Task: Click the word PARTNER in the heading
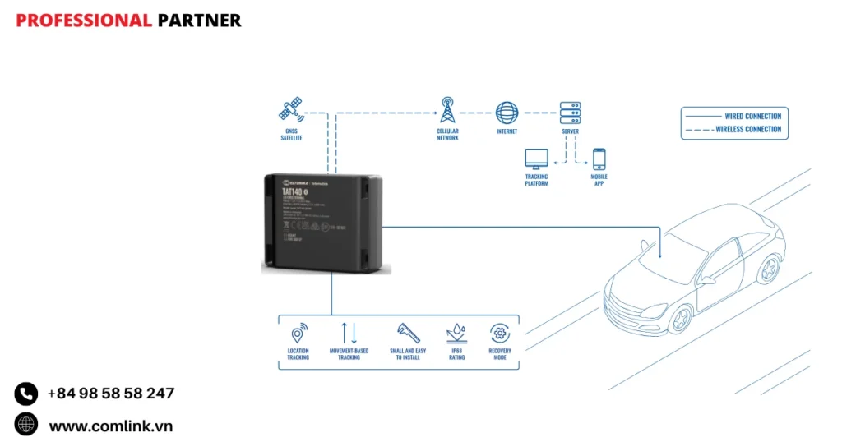coord(199,21)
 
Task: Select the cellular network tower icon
coord(447,110)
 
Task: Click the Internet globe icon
coord(507,113)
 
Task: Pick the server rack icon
coord(570,113)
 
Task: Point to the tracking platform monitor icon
coord(536,159)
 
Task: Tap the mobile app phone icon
coord(599,159)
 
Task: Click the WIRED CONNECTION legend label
coord(752,117)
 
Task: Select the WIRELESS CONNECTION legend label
coord(748,129)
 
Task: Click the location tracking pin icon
coord(298,334)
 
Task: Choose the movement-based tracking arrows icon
coord(349,333)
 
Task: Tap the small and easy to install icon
coord(407,333)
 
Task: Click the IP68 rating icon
coord(456,333)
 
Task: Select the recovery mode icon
coord(499,333)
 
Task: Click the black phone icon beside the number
coord(26,394)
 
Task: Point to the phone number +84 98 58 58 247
coord(111,394)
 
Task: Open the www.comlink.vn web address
coord(111,426)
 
